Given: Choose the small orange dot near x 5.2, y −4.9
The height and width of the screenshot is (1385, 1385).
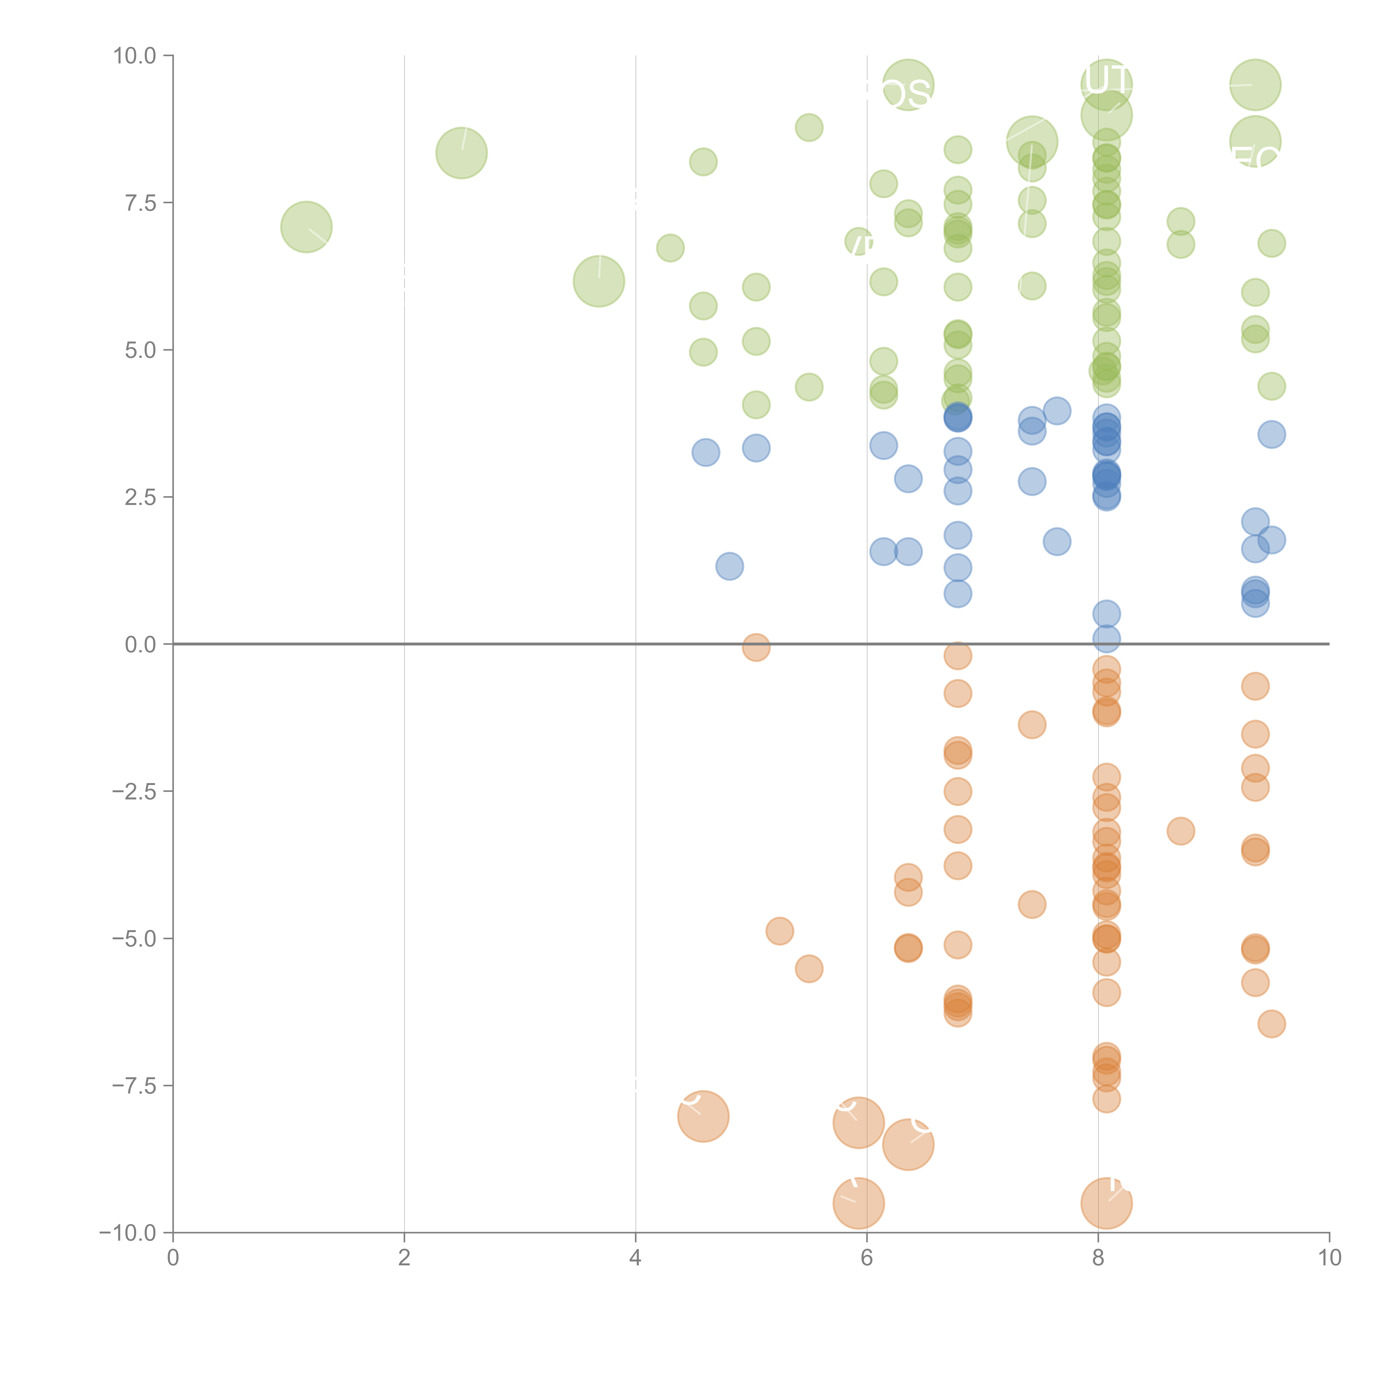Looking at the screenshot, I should (x=779, y=931).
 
